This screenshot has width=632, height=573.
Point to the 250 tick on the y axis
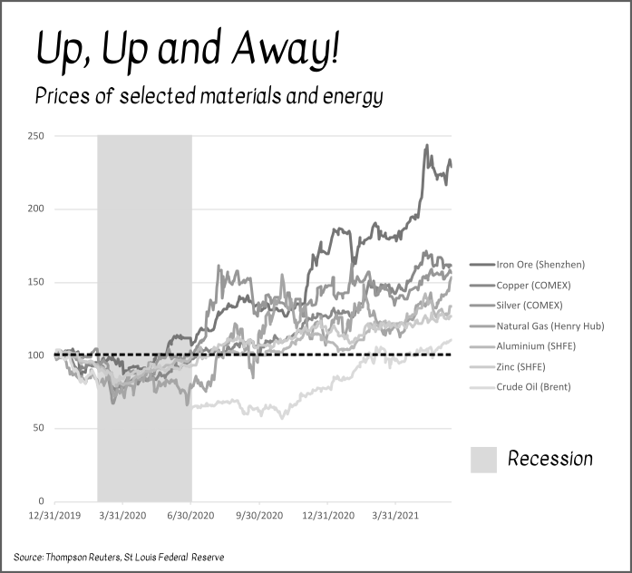click(x=36, y=136)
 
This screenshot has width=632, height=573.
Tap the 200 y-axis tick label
click(x=36, y=209)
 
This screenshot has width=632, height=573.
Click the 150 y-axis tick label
click(x=36, y=282)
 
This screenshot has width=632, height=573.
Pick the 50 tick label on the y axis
click(x=39, y=428)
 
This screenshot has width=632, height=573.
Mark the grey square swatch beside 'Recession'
click(x=483, y=459)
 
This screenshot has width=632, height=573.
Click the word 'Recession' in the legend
click(x=549, y=459)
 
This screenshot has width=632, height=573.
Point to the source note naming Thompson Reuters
click(x=118, y=556)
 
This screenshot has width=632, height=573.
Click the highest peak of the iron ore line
click(x=427, y=145)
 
